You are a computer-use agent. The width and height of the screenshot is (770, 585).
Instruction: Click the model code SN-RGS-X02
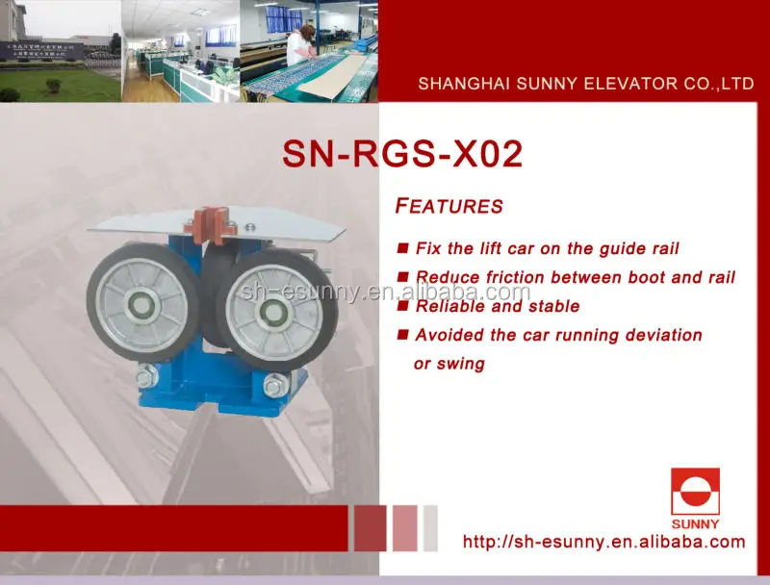pos(402,154)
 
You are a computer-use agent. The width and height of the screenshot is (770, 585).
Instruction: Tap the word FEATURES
pos(449,206)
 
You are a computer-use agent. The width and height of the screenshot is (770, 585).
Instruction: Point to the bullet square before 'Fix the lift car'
pos(402,248)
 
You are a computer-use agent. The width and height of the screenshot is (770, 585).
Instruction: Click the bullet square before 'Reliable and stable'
pos(402,306)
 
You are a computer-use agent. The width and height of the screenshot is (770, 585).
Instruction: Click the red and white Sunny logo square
pos(695,492)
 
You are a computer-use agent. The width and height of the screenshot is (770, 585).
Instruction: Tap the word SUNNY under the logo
pos(695,524)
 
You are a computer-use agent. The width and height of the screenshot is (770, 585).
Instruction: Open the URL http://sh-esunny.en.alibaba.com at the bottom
pos(604,542)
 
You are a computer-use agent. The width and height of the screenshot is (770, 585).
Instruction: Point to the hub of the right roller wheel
pos(273,313)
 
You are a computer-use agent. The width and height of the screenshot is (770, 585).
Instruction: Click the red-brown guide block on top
pos(212,225)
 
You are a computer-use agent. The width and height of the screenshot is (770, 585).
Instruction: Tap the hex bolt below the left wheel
pos(146,375)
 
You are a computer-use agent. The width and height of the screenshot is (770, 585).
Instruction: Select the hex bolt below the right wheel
pos(275,384)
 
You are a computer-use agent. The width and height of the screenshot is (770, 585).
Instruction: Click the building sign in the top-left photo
pos(39,50)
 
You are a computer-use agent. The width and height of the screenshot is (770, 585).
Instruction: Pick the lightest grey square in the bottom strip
pos(430,528)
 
